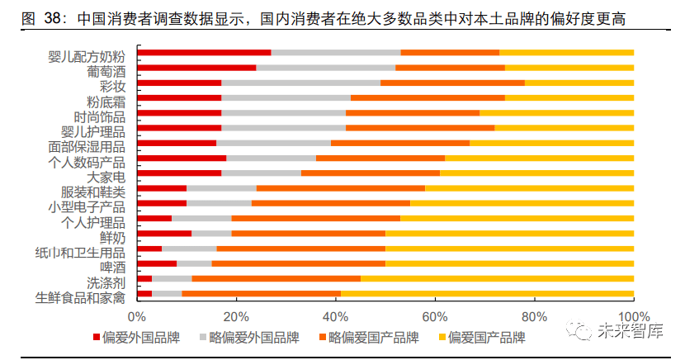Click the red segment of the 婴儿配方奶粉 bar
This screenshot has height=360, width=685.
tap(204, 53)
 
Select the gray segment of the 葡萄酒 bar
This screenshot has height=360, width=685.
tap(325, 68)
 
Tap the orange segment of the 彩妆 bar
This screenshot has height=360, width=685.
tap(452, 83)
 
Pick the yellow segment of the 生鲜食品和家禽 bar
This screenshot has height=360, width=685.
tap(487, 293)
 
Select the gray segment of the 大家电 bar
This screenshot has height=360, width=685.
tap(261, 173)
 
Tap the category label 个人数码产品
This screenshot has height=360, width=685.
tap(87, 162)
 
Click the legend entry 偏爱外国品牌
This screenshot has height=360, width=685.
tap(139, 338)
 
